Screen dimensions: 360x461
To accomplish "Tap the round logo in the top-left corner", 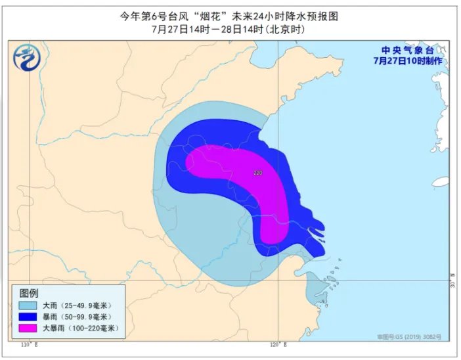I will point(26,60).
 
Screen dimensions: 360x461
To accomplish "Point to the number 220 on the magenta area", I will point(258,173).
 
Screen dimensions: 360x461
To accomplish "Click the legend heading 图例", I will point(30,292).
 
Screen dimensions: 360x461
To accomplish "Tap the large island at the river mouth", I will point(316,230).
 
